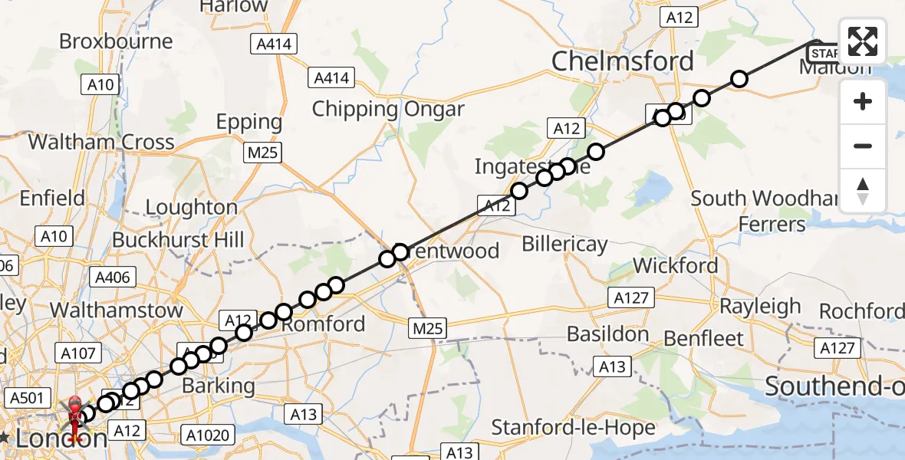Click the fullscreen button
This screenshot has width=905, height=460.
(x=863, y=41)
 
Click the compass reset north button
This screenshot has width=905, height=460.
(x=863, y=191)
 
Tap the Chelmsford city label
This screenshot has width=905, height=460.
(x=622, y=61)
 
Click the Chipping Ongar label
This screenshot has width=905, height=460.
(x=388, y=109)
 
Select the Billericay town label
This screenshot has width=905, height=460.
(x=564, y=245)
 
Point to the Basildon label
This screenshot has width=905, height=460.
(x=607, y=333)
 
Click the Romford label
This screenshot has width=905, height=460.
(x=323, y=324)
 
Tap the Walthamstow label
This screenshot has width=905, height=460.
(x=117, y=310)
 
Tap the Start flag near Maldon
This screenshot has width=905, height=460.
(x=824, y=53)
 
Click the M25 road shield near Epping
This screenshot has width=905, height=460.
(x=263, y=153)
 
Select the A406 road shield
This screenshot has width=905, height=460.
(x=113, y=278)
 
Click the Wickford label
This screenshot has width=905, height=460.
(x=676, y=266)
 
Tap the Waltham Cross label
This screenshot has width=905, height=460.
(x=101, y=142)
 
